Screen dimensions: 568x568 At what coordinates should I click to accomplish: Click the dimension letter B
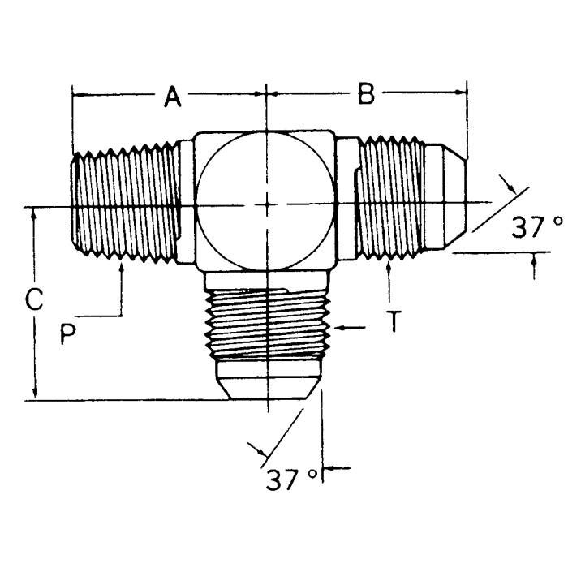coord(366,95)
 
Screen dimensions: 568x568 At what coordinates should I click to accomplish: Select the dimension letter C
coord(33,300)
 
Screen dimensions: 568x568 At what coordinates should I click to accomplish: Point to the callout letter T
coord(392,323)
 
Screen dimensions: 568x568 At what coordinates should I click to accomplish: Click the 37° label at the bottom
coord(289,480)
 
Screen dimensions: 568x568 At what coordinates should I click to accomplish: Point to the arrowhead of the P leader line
coord(121,272)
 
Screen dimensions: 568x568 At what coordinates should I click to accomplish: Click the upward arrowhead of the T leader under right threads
coord(390,269)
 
